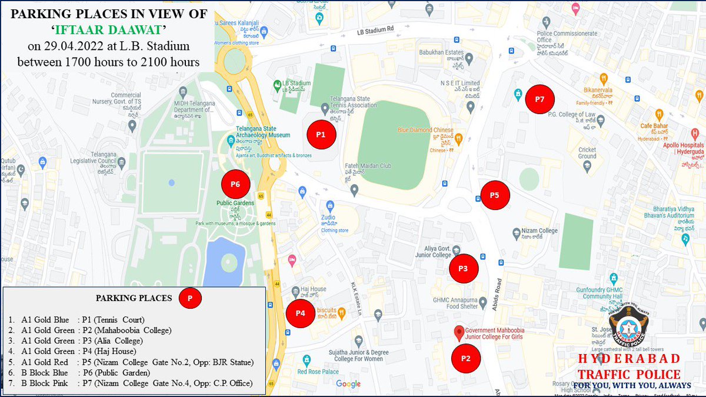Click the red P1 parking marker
point(321,135)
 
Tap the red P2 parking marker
point(466,358)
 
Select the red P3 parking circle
point(464,268)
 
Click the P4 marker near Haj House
point(301,313)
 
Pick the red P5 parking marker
point(495,195)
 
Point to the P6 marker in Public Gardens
point(235,184)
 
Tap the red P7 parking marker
point(540,99)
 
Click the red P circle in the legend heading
point(190,298)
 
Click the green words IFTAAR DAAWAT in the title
point(109,29)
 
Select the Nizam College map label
point(535,231)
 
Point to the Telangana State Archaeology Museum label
point(264,132)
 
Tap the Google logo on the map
point(348,384)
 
